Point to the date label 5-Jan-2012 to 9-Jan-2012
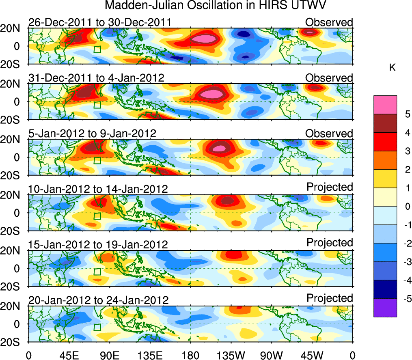[x=92, y=134]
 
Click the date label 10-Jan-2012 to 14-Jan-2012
[x=98, y=189]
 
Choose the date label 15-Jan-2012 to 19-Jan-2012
[x=98, y=245]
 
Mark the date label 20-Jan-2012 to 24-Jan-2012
[x=98, y=300]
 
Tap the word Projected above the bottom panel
[x=330, y=298]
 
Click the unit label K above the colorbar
[x=392, y=68]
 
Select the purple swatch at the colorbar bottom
[x=385, y=308]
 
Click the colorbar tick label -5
[x=406, y=299]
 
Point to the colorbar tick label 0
[x=406, y=207]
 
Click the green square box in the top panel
[x=97, y=50]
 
